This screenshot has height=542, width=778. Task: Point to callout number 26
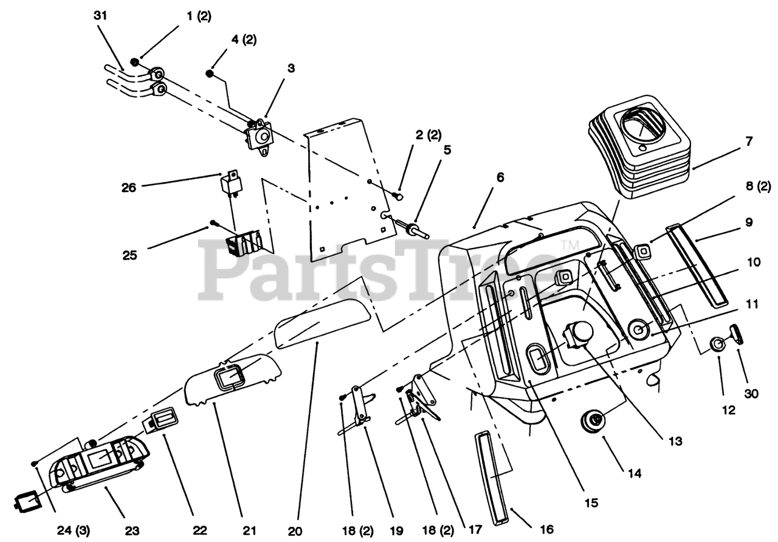coord(128,188)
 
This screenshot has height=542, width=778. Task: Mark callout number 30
coord(752,394)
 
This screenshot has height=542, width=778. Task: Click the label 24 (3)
coord(74,530)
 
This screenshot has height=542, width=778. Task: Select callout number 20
coord(298,530)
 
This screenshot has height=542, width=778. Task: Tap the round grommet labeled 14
coord(593,420)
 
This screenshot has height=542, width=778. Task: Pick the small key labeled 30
coord(737,333)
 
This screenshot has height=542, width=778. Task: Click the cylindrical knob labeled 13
coord(579,334)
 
